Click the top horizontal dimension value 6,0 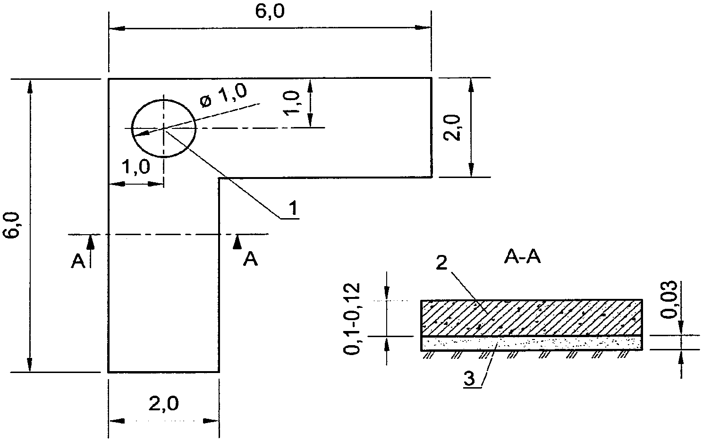click(270, 12)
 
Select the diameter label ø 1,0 click(224, 95)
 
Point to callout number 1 click(293, 208)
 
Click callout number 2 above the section click(441, 263)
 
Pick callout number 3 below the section click(469, 379)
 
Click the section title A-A click(523, 257)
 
